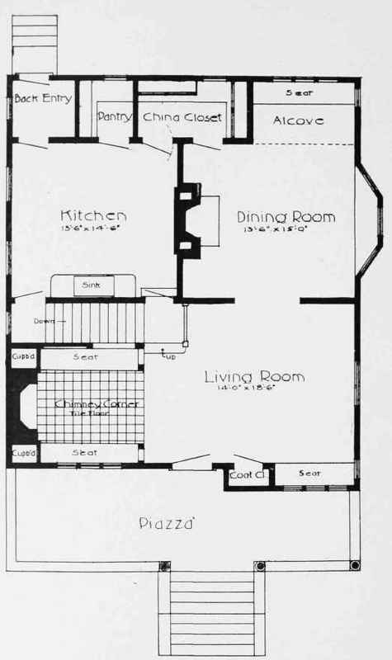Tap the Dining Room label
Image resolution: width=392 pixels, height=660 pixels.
coord(286,218)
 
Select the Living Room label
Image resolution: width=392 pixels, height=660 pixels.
coord(254,378)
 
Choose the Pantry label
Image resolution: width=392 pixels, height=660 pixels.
coord(115,118)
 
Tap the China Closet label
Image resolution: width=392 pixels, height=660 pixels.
coord(183,118)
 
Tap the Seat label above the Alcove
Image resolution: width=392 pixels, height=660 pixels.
coord(297,92)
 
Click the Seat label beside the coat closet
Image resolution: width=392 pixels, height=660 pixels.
coord(309,474)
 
